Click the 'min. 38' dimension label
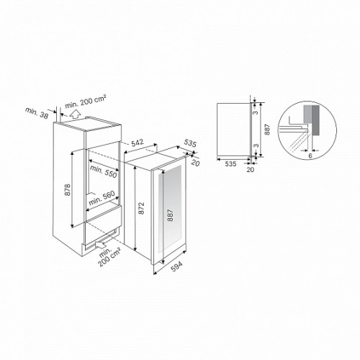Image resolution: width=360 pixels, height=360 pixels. (x=37, y=113)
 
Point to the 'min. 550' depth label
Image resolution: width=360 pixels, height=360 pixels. (x=104, y=171)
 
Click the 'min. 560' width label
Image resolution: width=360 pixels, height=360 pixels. (x=102, y=199)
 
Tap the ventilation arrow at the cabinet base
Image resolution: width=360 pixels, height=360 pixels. (x=101, y=244)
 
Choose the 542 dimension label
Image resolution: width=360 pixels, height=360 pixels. (x=138, y=143)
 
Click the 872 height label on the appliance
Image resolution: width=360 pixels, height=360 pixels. (x=142, y=208)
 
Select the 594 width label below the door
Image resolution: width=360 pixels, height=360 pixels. (x=176, y=266)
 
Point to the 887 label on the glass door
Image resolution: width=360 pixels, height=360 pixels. (x=170, y=215)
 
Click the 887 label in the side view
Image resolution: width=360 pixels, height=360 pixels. (x=268, y=130)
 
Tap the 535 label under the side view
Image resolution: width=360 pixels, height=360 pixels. (x=230, y=164)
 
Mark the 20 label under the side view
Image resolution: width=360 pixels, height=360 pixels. (x=251, y=169)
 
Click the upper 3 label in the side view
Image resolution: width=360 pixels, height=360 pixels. (x=256, y=112)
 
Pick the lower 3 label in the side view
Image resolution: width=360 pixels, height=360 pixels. (x=256, y=145)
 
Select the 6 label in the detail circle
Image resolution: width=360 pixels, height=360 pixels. (x=310, y=156)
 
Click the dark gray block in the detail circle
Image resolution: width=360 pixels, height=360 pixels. (x=315, y=120)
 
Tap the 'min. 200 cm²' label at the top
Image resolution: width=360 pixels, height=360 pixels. (x=86, y=102)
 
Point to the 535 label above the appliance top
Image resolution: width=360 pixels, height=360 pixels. (x=190, y=143)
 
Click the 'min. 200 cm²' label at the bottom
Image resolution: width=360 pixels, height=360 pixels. (x=109, y=256)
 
